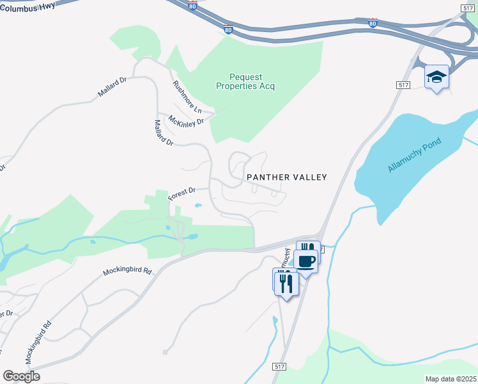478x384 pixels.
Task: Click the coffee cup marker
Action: click(x=307, y=261)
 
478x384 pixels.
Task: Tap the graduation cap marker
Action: click(x=436, y=77)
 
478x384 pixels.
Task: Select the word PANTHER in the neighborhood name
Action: click(x=268, y=177)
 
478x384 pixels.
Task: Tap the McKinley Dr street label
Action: click(x=186, y=120)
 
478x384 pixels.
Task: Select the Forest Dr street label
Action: click(x=181, y=194)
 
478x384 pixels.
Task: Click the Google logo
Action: click(x=21, y=376)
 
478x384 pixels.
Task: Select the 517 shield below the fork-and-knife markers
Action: click(x=279, y=365)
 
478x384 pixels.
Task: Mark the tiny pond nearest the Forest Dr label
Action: click(x=198, y=205)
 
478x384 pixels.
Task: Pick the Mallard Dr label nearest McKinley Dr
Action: click(x=164, y=132)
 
